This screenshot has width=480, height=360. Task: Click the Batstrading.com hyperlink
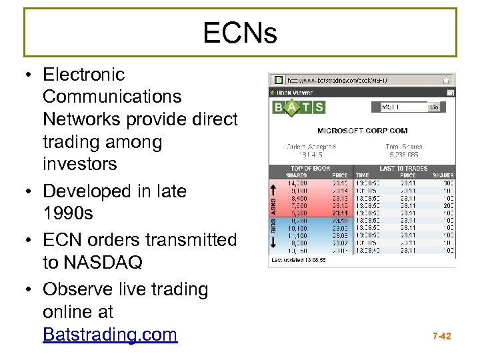coord(109,333)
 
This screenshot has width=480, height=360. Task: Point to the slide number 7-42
coord(441,336)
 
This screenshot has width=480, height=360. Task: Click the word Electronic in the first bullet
coord(83,75)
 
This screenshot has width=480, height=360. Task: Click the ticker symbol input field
coord(403,107)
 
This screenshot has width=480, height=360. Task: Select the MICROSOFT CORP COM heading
coord(363,131)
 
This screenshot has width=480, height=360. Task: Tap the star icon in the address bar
coord(446,80)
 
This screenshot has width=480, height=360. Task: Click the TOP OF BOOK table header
coord(311,169)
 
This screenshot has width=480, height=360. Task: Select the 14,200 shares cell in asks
coord(297,183)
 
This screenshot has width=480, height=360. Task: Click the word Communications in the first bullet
coord(111,97)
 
